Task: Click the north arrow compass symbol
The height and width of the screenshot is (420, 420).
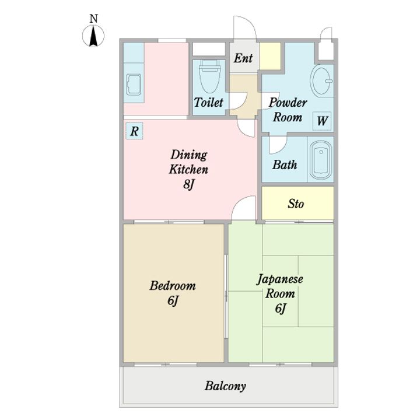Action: [x=93, y=36]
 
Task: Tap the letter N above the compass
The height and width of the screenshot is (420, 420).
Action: [x=93, y=19]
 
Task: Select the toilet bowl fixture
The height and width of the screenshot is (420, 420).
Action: [x=210, y=76]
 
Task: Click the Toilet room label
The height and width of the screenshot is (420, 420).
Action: [x=208, y=102]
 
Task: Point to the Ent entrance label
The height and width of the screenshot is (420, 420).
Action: [x=243, y=58]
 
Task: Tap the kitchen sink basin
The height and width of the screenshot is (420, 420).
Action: [x=134, y=84]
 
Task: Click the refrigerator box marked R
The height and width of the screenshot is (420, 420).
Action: [x=135, y=131]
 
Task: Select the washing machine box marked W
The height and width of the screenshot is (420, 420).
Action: [x=322, y=121]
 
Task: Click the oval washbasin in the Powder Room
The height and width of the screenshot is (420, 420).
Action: [x=322, y=81]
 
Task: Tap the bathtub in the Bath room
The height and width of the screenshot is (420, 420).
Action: [x=321, y=160]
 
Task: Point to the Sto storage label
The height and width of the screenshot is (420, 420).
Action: [x=296, y=204]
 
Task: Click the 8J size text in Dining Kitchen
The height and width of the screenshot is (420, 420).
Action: [x=188, y=184]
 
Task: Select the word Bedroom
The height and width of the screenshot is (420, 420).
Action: [x=173, y=285]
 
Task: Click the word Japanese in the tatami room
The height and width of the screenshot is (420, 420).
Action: [x=280, y=279]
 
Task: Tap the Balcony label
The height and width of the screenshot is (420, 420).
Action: [x=225, y=386]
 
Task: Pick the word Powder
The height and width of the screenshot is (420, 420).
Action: [x=288, y=102]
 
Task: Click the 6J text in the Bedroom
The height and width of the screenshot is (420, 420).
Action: [x=173, y=300]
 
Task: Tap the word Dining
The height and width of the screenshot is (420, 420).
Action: [x=189, y=155]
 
